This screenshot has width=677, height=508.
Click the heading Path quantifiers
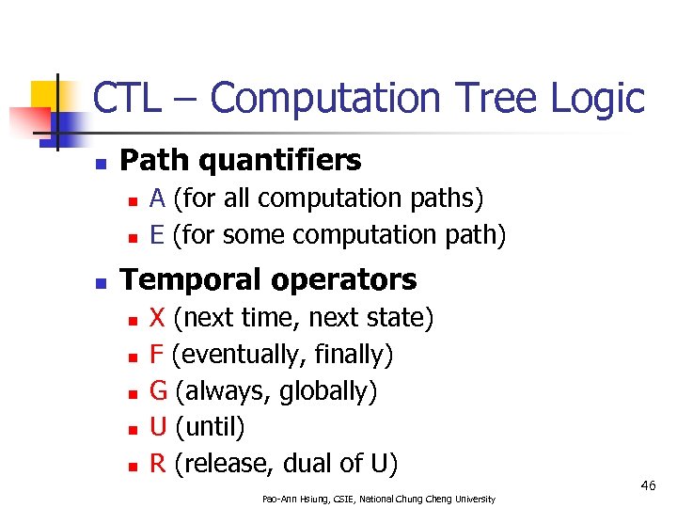coord(241,161)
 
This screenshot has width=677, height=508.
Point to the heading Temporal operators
coord(269,279)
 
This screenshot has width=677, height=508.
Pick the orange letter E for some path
coord(158,234)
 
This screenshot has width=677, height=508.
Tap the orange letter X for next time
coord(158,318)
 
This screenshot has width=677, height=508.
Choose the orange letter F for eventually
coord(157,355)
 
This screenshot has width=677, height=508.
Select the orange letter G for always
coord(159,390)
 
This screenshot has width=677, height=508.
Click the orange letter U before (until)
coord(159,427)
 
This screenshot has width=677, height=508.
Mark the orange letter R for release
coord(158,463)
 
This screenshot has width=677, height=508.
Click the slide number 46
coord(648,485)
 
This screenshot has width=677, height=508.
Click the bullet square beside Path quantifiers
coord(101,163)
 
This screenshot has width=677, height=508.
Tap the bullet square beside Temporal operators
coord(101,281)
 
